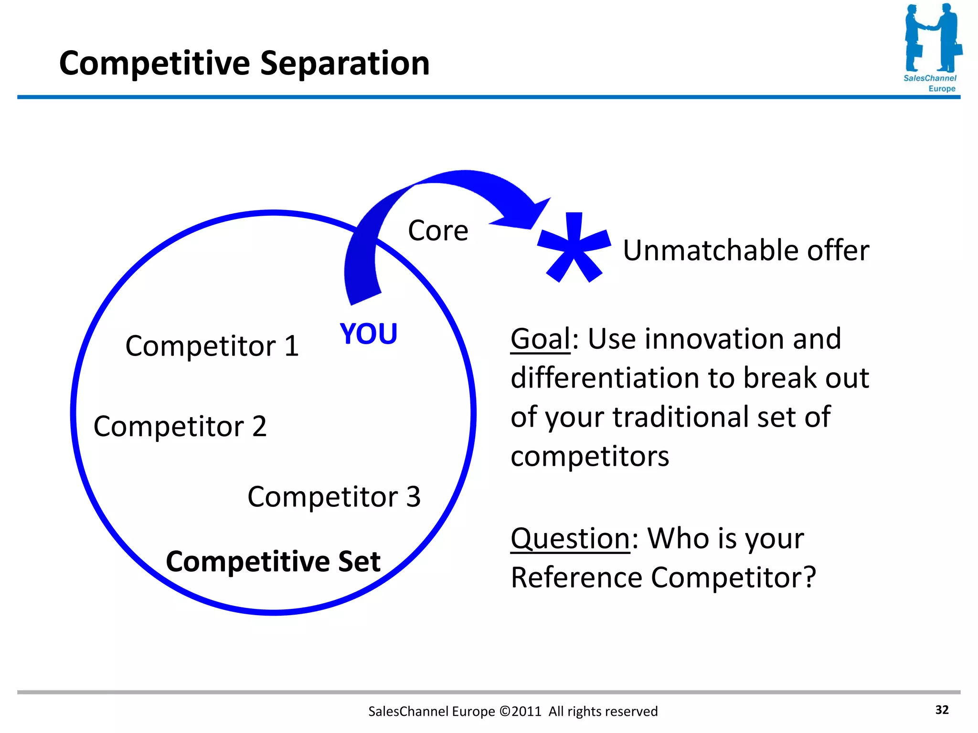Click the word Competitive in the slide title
[x=154, y=63]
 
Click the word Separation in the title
[x=345, y=63]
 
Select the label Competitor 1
[x=212, y=346]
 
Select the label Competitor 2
[x=180, y=426]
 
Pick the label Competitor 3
[x=334, y=497]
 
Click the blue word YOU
[x=368, y=334]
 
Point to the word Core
[x=438, y=230]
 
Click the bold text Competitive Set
[x=273, y=561]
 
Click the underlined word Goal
[x=540, y=339]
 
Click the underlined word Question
[x=570, y=539]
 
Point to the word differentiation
[x=605, y=378]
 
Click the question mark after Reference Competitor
[x=809, y=577]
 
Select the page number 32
[x=942, y=710]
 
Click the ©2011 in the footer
[x=520, y=712]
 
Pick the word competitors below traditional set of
[x=590, y=457]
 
